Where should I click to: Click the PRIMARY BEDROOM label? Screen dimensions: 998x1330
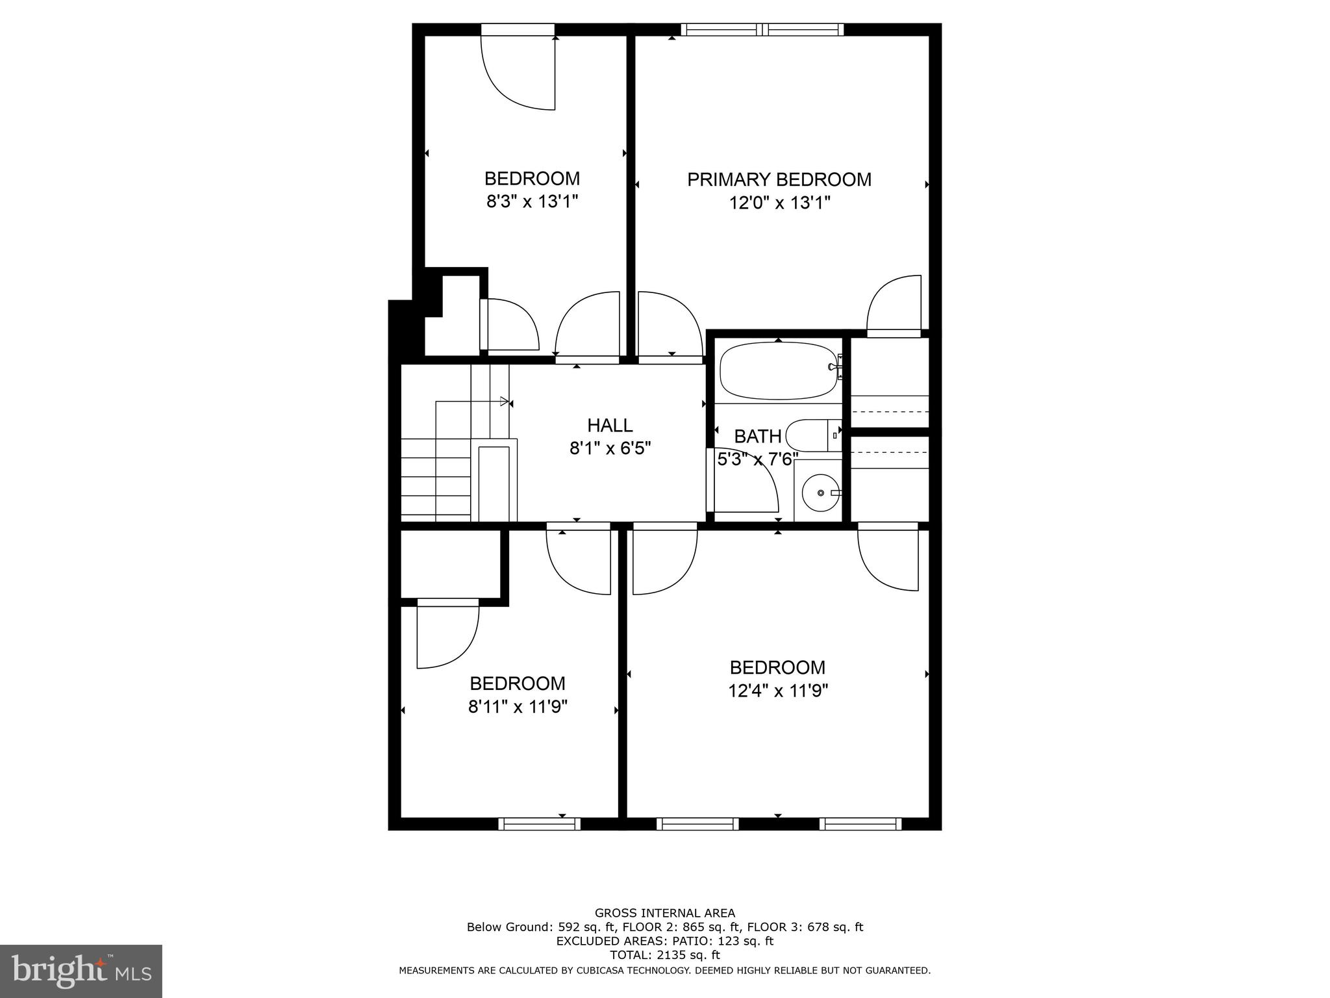point(779,179)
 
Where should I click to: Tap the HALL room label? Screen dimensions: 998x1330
point(609,426)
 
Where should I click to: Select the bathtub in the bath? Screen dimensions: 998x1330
point(778,370)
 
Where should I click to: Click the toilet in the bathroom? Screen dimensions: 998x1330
point(812,435)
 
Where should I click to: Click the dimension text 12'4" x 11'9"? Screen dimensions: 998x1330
point(777,691)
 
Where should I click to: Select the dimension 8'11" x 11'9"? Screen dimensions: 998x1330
point(518,706)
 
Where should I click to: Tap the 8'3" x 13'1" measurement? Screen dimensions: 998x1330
point(532,201)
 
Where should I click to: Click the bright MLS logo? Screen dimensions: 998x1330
point(81,971)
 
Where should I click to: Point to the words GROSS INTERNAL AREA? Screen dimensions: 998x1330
point(664,913)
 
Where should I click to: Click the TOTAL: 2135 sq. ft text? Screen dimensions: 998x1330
point(664,955)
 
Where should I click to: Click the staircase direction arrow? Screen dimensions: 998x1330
point(504,402)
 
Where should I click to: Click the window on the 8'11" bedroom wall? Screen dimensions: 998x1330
point(539,824)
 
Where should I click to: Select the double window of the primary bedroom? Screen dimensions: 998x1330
point(762,29)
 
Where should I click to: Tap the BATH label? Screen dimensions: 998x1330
point(757,436)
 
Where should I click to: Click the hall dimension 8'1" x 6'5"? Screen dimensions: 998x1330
point(610,448)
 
